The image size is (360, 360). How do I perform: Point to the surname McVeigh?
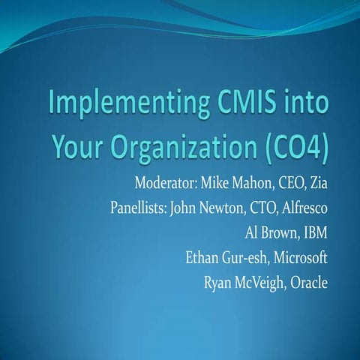tap(264, 284)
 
